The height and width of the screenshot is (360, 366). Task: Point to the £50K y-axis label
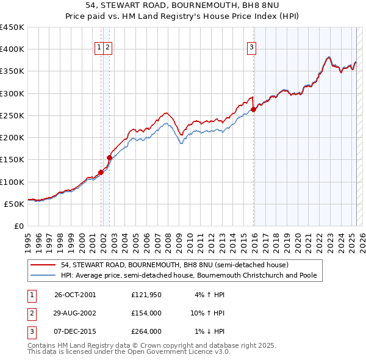[14, 204]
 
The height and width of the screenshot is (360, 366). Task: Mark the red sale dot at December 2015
[254, 110]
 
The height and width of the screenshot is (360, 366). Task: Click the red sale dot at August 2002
[110, 157]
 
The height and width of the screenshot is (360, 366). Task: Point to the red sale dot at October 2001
[101, 172]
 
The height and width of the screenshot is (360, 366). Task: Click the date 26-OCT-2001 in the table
[75, 295]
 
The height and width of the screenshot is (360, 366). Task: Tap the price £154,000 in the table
[146, 313]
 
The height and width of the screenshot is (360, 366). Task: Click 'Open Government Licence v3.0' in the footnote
[179, 351]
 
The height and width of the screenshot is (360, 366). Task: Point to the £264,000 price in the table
[146, 331]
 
